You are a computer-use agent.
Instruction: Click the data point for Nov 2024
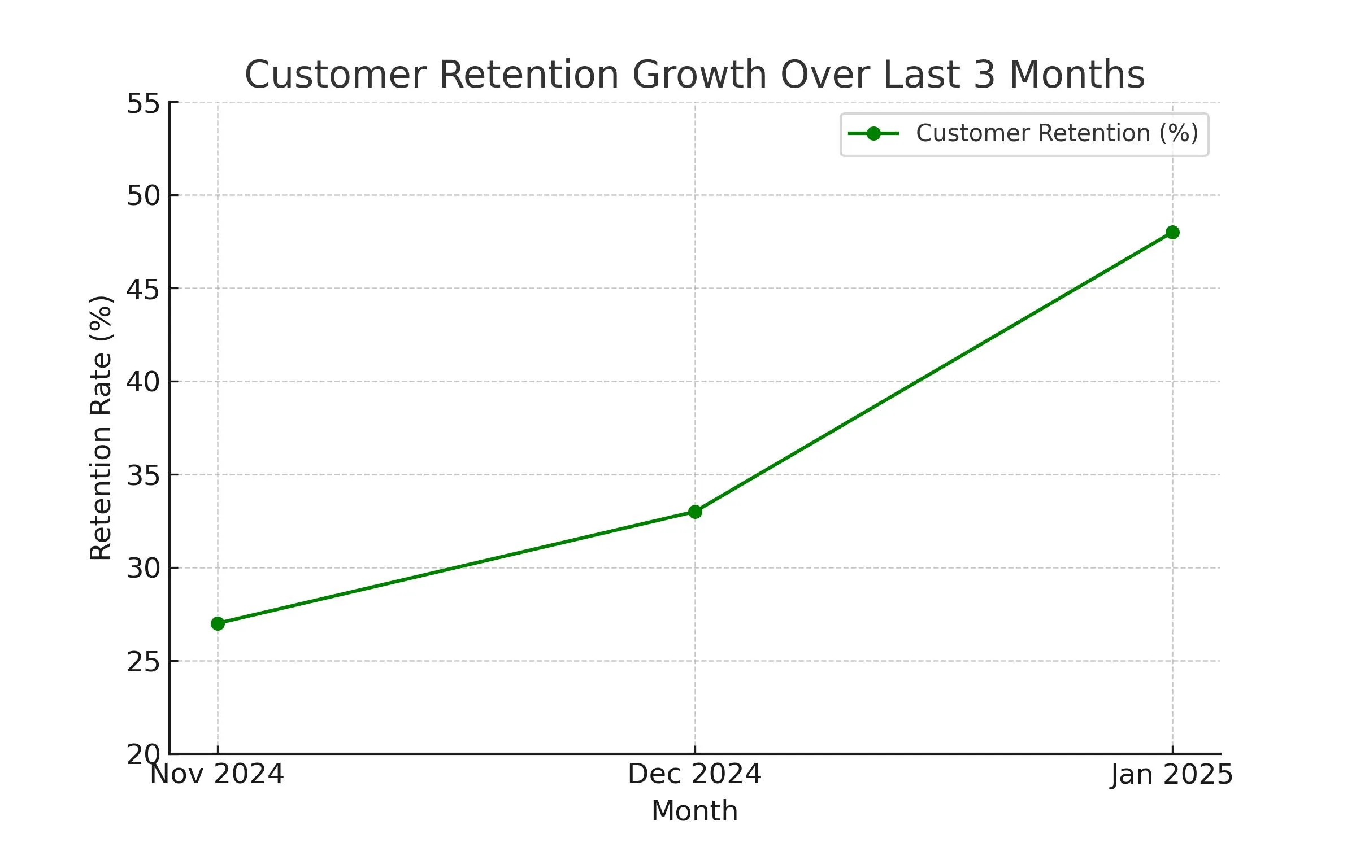point(218,623)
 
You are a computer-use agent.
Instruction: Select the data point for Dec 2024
point(695,512)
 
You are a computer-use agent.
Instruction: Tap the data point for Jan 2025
point(1172,232)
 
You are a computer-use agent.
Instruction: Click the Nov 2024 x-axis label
point(217,774)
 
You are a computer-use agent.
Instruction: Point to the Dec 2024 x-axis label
point(695,774)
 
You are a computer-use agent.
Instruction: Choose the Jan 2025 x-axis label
point(1171,774)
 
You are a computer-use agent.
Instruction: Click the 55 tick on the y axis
point(144,103)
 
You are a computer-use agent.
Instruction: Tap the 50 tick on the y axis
point(144,196)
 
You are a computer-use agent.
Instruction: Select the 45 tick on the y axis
point(144,289)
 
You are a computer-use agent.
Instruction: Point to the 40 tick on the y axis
point(144,382)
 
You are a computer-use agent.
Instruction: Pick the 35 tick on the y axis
point(144,475)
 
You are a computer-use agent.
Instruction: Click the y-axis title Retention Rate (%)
point(102,428)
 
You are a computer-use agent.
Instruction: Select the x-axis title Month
point(695,811)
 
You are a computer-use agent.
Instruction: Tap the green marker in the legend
point(873,134)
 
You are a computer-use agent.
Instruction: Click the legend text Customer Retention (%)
point(1057,134)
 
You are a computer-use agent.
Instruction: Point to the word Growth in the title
point(698,75)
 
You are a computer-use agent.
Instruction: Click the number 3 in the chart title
point(984,75)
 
